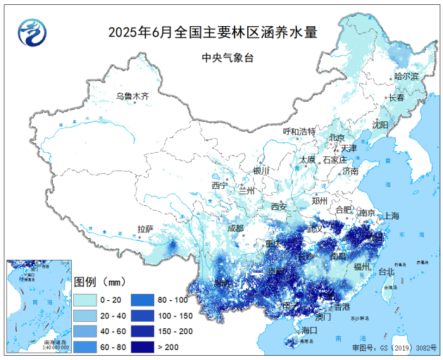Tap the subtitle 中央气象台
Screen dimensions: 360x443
(222, 58)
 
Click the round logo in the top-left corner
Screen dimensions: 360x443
(31, 31)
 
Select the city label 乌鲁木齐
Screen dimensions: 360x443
(133, 97)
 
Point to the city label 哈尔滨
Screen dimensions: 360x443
(406, 76)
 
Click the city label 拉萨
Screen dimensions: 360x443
(145, 229)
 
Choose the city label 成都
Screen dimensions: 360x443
(235, 228)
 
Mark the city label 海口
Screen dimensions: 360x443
(309, 330)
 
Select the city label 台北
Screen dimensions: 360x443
(387, 271)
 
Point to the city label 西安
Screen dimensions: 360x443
(279, 206)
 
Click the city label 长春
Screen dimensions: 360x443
(397, 99)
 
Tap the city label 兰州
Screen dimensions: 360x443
(247, 190)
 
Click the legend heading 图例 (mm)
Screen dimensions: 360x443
(99, 282)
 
